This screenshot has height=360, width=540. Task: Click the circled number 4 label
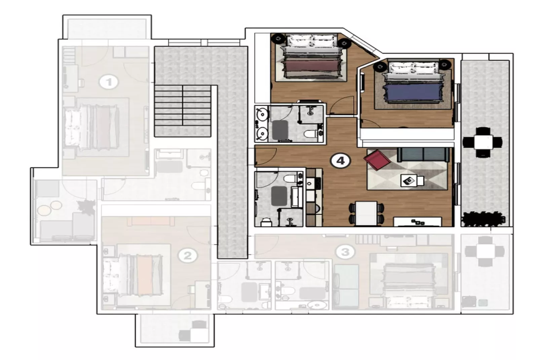tap(340, 161)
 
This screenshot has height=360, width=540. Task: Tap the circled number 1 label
tap(109, 82)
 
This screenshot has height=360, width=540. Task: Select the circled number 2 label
tap(187, 256)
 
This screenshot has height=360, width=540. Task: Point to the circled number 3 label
tap(345, 252)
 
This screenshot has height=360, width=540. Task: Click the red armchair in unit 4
tap(377, 159)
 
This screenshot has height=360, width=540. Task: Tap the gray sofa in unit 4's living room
tap(423, 154)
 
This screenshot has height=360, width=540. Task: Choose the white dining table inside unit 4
tap(366, 213)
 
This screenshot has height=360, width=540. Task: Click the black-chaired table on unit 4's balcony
tap(483, 142)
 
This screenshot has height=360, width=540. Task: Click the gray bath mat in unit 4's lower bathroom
tap(279, 196)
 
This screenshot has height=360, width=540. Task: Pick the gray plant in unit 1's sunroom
tap(86, 207)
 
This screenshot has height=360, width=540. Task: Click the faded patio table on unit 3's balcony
tap(485, 251)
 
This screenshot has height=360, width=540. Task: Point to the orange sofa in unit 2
tap(151, 221)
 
